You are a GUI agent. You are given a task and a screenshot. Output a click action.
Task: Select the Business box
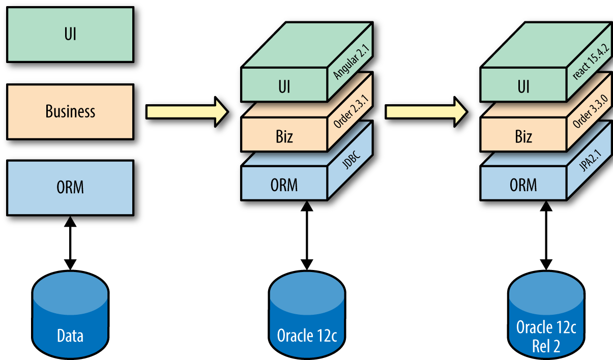coord(70,111)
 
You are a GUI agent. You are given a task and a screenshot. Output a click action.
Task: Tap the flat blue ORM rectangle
coord(70,187)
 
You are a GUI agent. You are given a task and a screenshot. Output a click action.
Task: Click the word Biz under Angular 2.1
coord(284,136)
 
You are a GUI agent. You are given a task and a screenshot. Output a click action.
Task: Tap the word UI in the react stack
coord(523,87)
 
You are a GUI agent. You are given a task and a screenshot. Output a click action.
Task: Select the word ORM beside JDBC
coord(284,185)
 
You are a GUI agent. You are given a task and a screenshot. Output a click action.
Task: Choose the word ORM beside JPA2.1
coord(523,185)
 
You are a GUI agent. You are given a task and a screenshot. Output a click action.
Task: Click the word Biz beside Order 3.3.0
coord(523,136)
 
